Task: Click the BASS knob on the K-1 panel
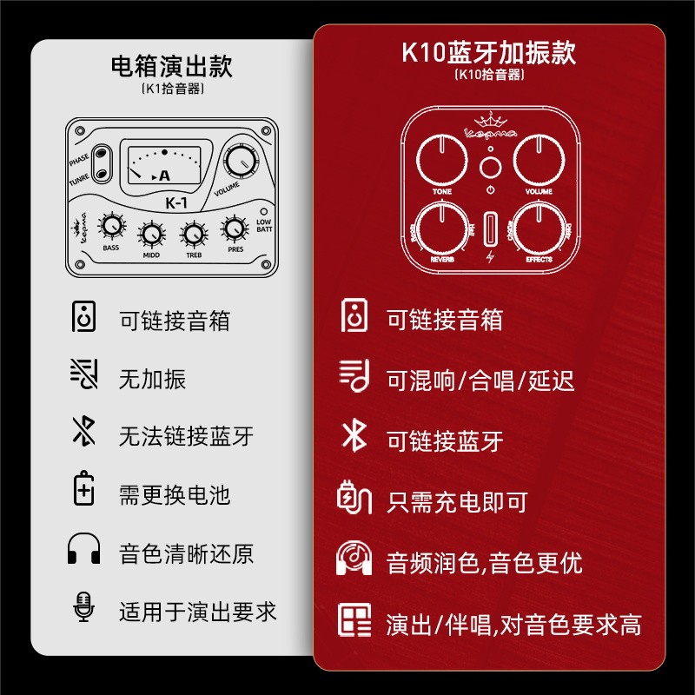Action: tap(111, 227)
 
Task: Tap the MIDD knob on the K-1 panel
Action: tap(151, 234)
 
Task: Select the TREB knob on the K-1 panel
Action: tap(193, 234)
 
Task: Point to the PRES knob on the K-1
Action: tap(234, 228)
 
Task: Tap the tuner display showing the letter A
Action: tap(164, 165)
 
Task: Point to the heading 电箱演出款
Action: tap(172, 65)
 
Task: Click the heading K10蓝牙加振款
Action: tap(488, 53)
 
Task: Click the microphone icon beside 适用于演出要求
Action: tap(83, 608)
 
